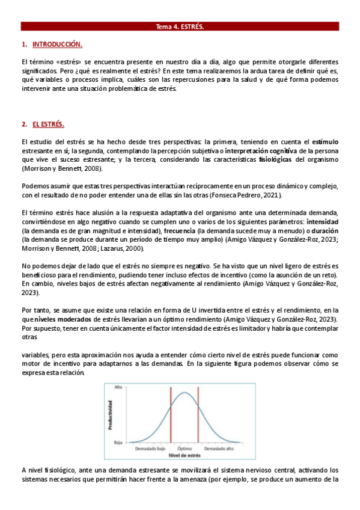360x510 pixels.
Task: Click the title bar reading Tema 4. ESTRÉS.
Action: (180, 27)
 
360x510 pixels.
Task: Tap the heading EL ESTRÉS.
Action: (48, 124)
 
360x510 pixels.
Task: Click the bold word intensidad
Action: (323, 222)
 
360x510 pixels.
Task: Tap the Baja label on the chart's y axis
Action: (118, 442)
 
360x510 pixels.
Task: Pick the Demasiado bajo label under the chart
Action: (150, 449)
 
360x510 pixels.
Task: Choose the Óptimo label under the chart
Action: (184, 449)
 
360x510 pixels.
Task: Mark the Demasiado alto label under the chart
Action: (218, 449)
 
